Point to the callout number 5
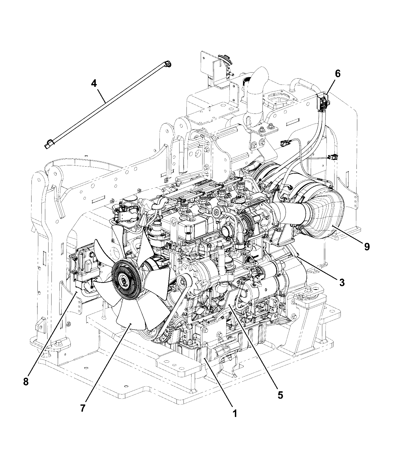click(280, 394)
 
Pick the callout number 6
click(337, 74)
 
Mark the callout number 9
click(366, 247)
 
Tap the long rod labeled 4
click(108, 105)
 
